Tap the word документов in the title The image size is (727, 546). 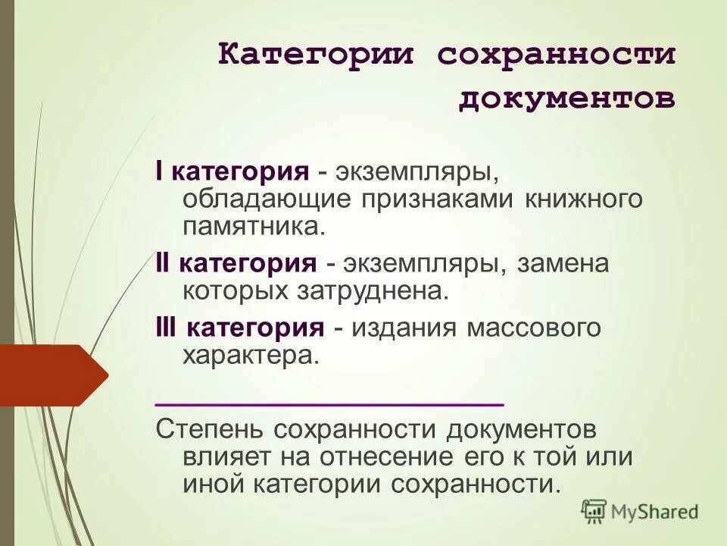pos(566,99)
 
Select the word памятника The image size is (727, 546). pos(254,225)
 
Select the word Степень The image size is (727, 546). pos(204,429)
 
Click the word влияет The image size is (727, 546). pos(220,457)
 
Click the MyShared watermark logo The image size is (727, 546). pos(640,512)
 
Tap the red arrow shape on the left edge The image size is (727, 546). pos(53,375)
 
